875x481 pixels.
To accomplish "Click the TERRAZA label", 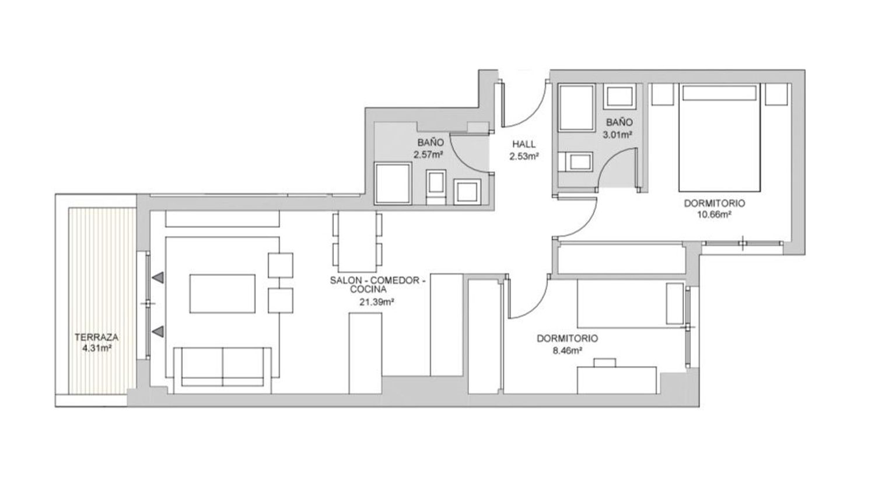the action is coord(96,337).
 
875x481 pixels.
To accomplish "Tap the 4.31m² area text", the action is coord(97,348).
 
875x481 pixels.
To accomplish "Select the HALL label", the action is coord(524,145).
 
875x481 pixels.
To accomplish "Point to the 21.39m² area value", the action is coord(376,302).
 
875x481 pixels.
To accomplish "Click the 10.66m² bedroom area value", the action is coord(714,215).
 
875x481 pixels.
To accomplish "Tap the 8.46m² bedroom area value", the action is coord(567,350).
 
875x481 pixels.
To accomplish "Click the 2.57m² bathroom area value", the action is coord(428,155).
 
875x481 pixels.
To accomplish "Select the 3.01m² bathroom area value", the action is coord(617,135).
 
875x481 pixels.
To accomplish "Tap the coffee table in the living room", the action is coord(222,294).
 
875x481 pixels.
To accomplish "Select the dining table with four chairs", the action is coord(357,242).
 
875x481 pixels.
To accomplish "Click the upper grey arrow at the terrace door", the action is coord(158,278).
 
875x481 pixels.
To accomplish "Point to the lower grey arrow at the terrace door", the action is coord(158,332).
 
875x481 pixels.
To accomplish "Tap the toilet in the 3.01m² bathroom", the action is coord(575,161).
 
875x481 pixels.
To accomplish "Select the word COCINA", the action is coord(368,289).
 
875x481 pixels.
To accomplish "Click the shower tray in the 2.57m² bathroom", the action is coord(393,184).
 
